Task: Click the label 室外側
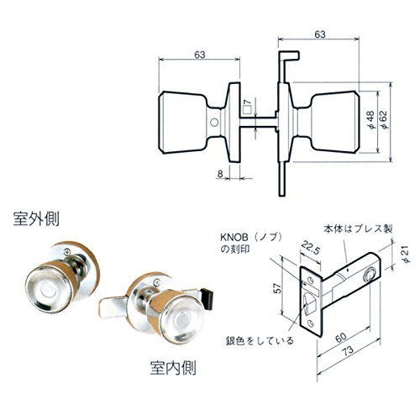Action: point(36,218)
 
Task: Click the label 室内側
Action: point(173,367)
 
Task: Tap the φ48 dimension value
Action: point(370,120)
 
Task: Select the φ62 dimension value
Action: point(383,120)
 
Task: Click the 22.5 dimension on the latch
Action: point(310,248)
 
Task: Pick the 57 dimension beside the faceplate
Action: point(277,288)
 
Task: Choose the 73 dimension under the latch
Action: point(348,351)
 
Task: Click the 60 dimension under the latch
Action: point(341,338)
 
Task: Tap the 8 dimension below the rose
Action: point(220,174)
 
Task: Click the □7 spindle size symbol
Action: point(246,107)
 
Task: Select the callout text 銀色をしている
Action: point(260,341)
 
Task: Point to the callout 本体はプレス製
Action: point(358,228)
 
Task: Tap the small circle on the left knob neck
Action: point(214,123)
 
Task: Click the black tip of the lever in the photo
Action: point(208,298)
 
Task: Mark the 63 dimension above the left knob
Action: point(200,55)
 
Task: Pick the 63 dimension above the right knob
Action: point(320,34)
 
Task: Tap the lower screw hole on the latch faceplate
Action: point(310,323)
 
